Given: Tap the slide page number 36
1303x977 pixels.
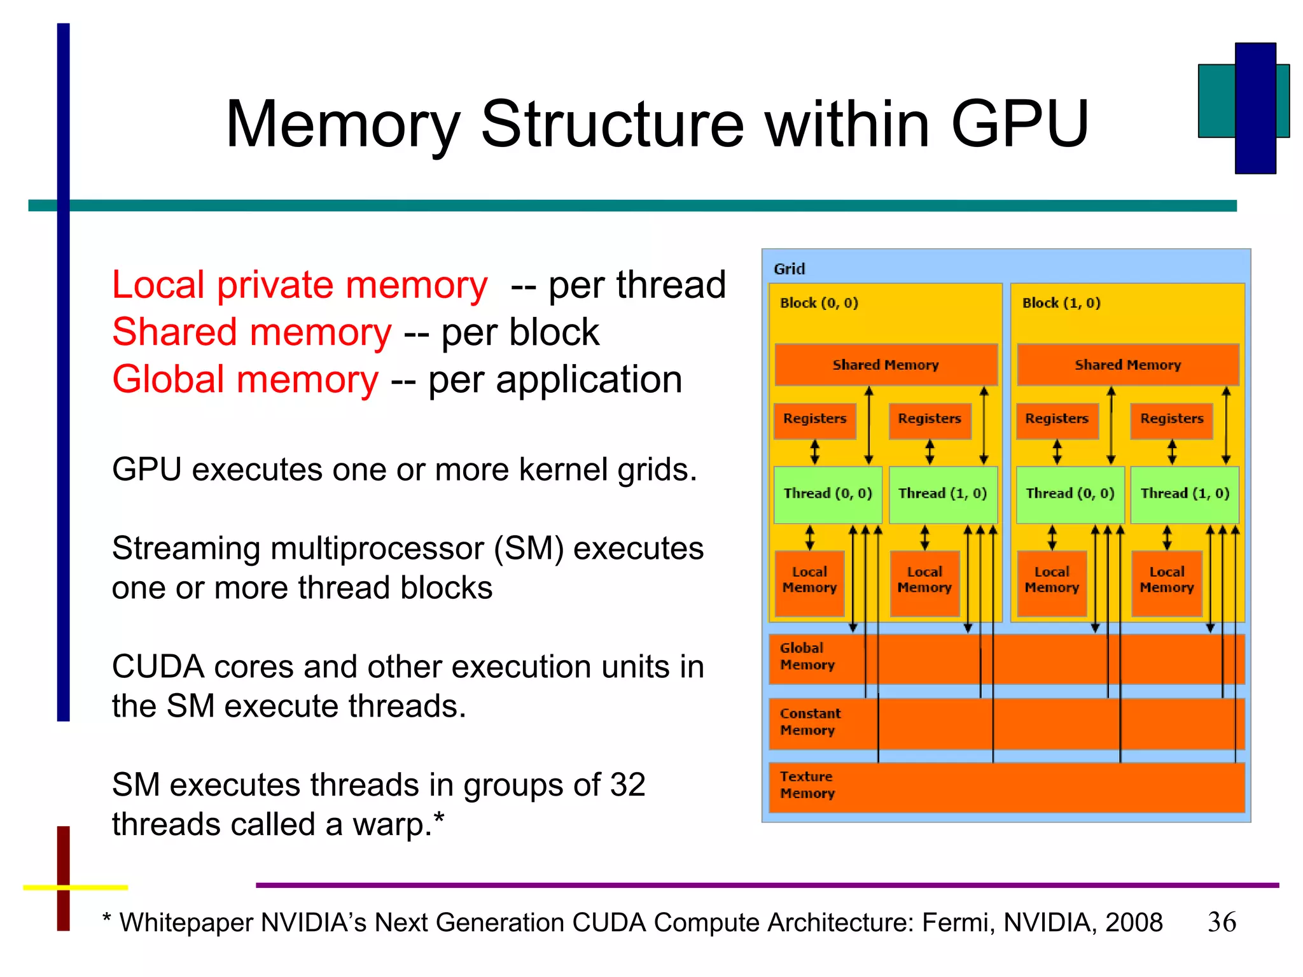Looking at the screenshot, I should pyautogui.click(x=1222, y=922).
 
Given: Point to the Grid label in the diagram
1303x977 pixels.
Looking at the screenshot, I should pyautogui.click(x=789, y=269).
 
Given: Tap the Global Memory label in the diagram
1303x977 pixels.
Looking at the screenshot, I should pyautogui.click(x=807, y=656).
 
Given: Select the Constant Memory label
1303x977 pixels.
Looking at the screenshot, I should pyautogui.click(x=810, y=722).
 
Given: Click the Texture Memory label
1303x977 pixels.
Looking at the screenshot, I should pyautogui.click(x=807, y=785).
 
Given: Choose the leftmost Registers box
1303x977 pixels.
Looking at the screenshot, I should pyautogui.click(x=814, y=419).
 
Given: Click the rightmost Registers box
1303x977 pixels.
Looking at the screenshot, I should pyautogui.click(x=1171, y=419).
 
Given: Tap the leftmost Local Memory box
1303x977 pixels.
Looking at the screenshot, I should pyautogui.click(x=809, y=580).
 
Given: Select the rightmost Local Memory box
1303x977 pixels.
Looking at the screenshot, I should pyautogui.click(x=1166, y=580).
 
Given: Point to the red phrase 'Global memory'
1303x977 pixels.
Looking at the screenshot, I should pyautogui.click(x=245, y=380).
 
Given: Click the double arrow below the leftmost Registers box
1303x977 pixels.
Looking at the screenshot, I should pyautogui.click(x=814, y=452).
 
